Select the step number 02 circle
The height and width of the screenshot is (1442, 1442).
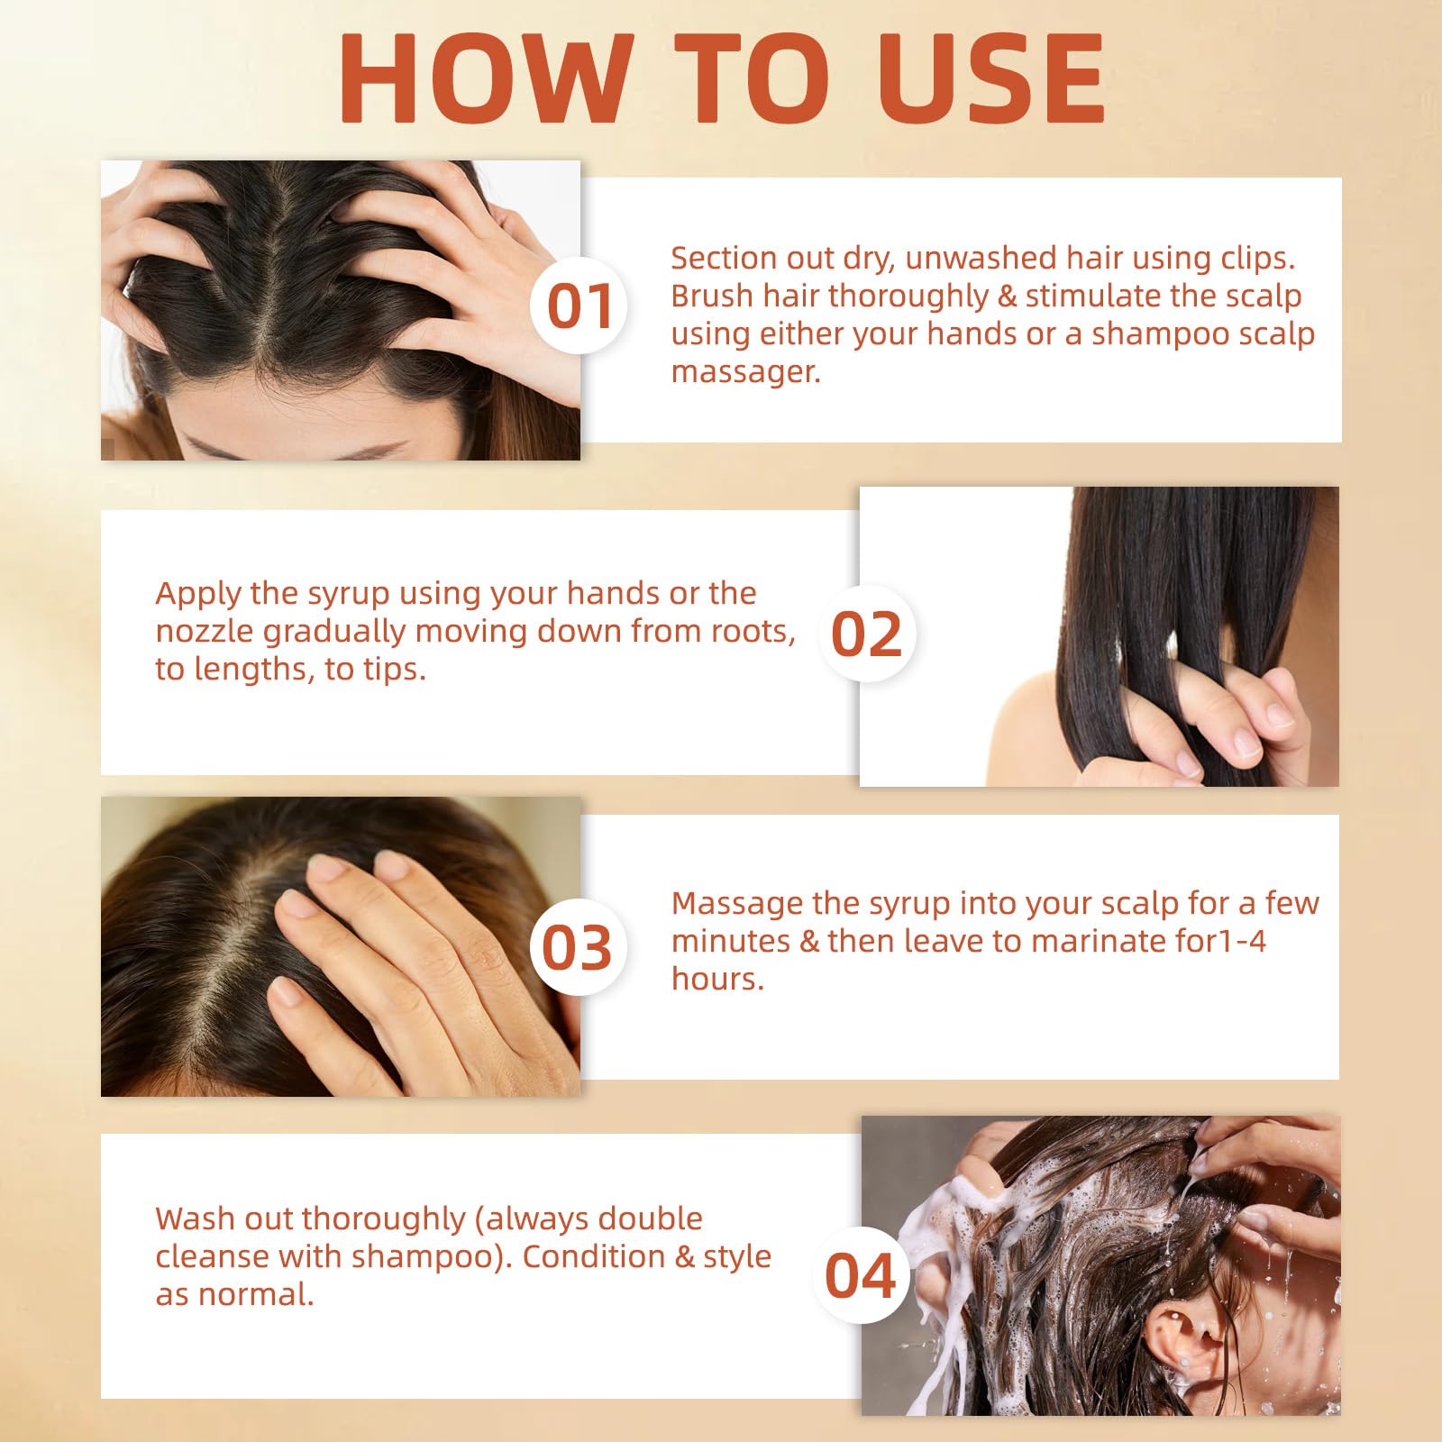[x=866, y=634]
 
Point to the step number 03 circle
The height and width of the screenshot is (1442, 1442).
[x=577, y=946]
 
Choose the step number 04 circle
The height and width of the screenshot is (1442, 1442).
[x=860, y=1275]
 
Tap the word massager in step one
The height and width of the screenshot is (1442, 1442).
[x=745, y=371]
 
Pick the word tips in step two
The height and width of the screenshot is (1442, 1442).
[x=394, y=669]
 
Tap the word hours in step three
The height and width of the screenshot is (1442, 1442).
[x=717, y=979]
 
